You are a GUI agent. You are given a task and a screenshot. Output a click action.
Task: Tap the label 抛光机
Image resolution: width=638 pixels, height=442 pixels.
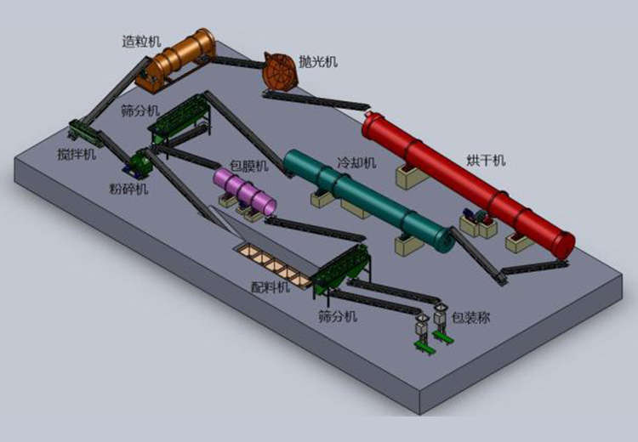click(318, 61)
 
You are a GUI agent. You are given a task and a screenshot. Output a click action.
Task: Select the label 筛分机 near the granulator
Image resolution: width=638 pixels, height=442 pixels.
click(139, 109)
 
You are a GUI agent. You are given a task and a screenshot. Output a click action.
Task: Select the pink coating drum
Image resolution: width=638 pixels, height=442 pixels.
click(244, 191)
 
